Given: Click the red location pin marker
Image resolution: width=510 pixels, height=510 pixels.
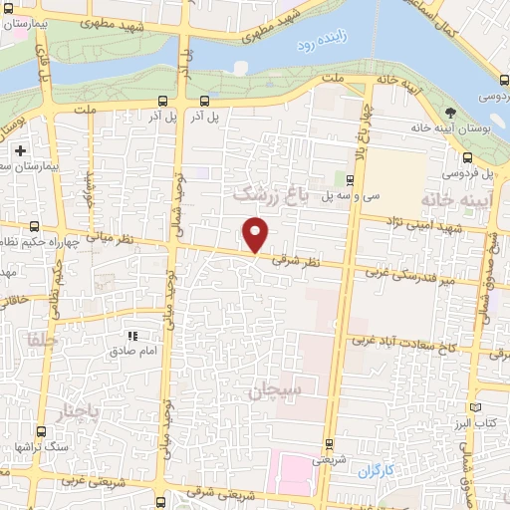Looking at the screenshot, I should pyautogui.click(x=256, y=234).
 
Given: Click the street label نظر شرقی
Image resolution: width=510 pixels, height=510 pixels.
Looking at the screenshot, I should pyautogui.click(x=302, y=261).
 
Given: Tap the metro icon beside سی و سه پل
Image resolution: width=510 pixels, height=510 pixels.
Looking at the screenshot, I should pyautogui.click(x=350, y=179).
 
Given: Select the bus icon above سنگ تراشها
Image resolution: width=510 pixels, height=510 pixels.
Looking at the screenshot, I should pyautogui.click(x=41, y=431).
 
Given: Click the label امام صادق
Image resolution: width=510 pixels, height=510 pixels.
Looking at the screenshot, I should pyautogui.click(x=132, y=352).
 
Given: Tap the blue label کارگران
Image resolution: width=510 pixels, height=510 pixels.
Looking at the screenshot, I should pyautogui.click(x=376, y=468).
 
